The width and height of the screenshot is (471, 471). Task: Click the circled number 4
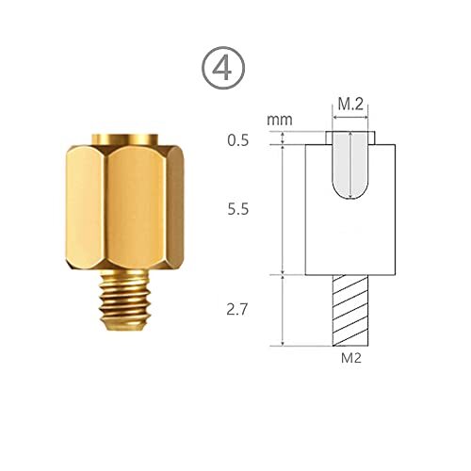click(223, 68)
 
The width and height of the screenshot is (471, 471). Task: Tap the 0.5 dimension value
click(238, 140)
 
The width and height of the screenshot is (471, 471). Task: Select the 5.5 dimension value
click(238, 209)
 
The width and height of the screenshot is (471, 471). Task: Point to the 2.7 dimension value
click(237, 310)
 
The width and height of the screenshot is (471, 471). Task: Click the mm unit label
click(280, 120)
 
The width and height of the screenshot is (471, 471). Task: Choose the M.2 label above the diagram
click(350, 104)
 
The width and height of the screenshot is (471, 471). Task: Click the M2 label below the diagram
click(351, 358)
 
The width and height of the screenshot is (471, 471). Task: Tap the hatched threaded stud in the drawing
click(350, 311)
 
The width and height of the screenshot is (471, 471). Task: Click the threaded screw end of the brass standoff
click(124, 300)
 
